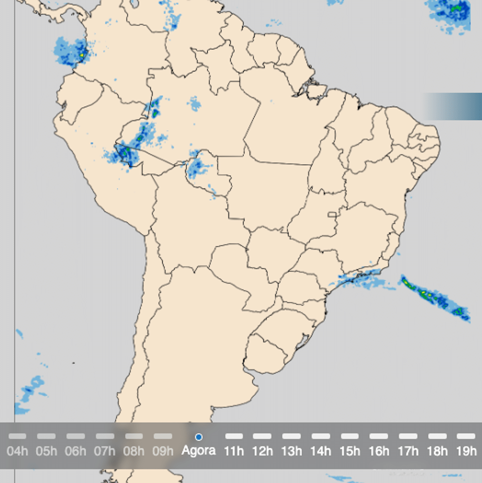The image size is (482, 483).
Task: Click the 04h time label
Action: (17, 452)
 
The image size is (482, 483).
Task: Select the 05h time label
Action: (46, 452)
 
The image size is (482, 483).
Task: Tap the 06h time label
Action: (76, 452)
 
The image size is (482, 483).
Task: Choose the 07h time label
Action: (105, 452)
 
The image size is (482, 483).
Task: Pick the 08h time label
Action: (134, 452)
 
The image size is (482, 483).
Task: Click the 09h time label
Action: (163, 452)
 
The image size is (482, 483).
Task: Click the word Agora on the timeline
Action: (198, 452)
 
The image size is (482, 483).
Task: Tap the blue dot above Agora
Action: (198, 437)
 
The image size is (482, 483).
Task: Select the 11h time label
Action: (234, 452)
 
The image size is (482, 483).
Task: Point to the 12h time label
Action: (263, 452)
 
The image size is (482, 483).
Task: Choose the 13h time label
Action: (292, 452)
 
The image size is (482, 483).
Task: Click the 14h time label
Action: (321, 452)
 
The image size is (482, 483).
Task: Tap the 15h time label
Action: (350, 452)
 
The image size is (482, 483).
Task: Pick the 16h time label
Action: (379, 452)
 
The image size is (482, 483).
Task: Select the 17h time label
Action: (408, 452)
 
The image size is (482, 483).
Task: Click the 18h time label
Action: (437, 452)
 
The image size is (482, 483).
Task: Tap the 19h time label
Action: (466, 452)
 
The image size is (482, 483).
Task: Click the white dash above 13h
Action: (292, 437)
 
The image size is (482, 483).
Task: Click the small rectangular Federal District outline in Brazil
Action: (332, 214)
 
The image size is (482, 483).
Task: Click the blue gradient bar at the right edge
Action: (452, 106)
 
